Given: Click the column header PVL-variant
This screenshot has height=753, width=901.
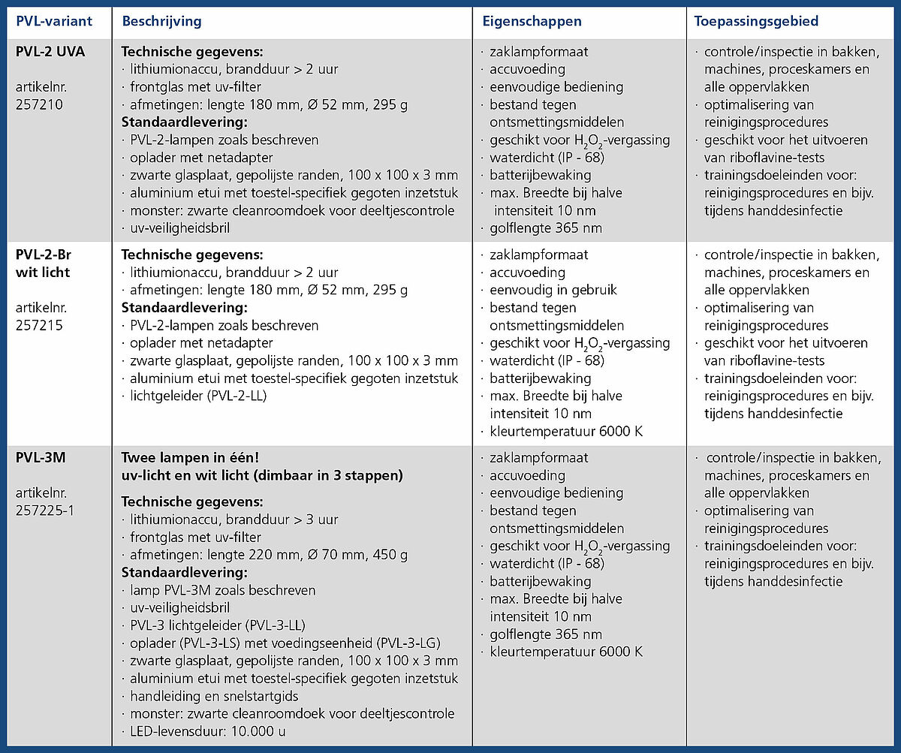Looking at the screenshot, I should point(54,21).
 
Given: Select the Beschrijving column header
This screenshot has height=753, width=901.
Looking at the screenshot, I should point(161,21).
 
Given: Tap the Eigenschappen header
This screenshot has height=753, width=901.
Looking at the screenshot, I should point(532,21).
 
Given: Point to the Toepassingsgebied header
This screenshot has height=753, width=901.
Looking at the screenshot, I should point(755,21).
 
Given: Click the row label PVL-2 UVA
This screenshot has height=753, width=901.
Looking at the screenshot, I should point(50,52).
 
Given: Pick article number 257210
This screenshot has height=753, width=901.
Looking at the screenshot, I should point(39,104).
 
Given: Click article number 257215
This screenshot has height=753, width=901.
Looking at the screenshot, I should point(39,326).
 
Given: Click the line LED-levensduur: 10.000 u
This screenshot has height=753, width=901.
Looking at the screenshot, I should point(207,731).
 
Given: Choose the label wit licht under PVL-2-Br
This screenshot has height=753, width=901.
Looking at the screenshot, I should point(43,272).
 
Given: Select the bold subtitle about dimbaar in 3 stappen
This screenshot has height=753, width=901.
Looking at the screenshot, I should point(262,475).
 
